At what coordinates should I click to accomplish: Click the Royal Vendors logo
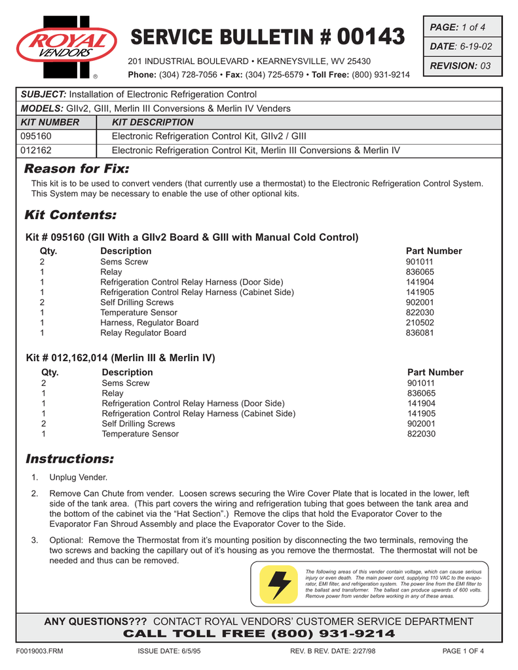click(65, 44)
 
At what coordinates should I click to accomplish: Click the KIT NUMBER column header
click(50, 122)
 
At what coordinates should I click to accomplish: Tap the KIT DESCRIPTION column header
click(153, 122)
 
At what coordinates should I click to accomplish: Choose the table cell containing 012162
click(37, 150)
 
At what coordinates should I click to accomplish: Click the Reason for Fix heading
click(77, 169)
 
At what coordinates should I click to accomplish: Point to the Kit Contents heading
click(70, 215)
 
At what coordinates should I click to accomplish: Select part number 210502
click(420, 323)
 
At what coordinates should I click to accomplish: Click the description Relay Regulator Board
click(143, 333)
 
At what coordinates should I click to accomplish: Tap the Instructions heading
click(69, 458)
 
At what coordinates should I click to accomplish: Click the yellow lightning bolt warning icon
click(278, 584)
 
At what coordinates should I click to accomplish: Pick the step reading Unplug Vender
click(79, 477)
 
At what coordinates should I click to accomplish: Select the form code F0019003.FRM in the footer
click(39, 651)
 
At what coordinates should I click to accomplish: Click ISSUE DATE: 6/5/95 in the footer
click(168, 651)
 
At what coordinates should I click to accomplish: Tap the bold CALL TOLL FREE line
click(259, 633)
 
